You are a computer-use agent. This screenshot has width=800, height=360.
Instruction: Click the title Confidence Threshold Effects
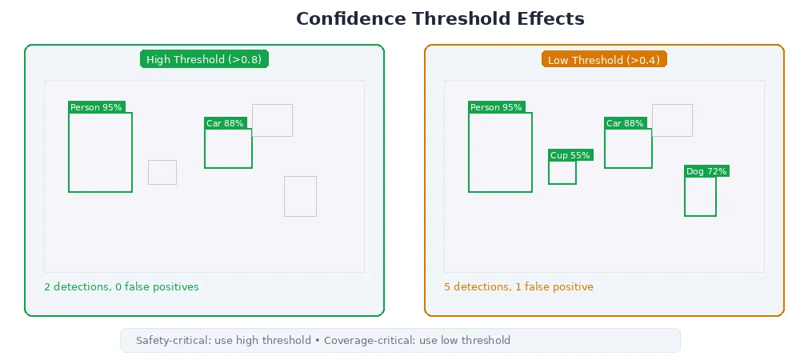pos(440,18)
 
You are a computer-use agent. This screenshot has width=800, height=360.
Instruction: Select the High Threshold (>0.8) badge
pos(204,59)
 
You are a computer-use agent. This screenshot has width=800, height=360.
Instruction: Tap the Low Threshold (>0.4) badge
pos(604,59)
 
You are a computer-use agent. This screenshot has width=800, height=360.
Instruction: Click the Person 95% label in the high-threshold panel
pos(96,107)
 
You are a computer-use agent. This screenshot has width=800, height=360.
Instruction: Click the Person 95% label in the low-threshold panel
pos(496,107)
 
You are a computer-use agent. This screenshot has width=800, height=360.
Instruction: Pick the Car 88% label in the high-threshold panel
pos(225,123)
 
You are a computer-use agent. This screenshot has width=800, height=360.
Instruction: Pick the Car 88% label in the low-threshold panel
pos(625,123)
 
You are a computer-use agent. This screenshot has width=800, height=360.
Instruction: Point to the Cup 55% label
pos(570,155)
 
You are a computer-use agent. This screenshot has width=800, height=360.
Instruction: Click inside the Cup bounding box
pos(562,173)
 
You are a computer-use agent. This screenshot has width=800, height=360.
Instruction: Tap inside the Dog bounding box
pos(700,197)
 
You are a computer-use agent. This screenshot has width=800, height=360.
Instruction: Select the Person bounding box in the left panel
pos(100,153)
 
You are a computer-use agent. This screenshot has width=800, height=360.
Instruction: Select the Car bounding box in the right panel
pos(628,149)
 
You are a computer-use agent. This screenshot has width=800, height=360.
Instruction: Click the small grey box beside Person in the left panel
pos(162,172)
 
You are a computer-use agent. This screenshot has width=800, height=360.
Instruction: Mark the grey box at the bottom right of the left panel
pos(300,196)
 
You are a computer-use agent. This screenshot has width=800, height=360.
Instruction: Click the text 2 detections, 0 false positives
pos(122,286)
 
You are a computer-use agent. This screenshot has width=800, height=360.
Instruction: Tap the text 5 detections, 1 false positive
pos(518,286)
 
